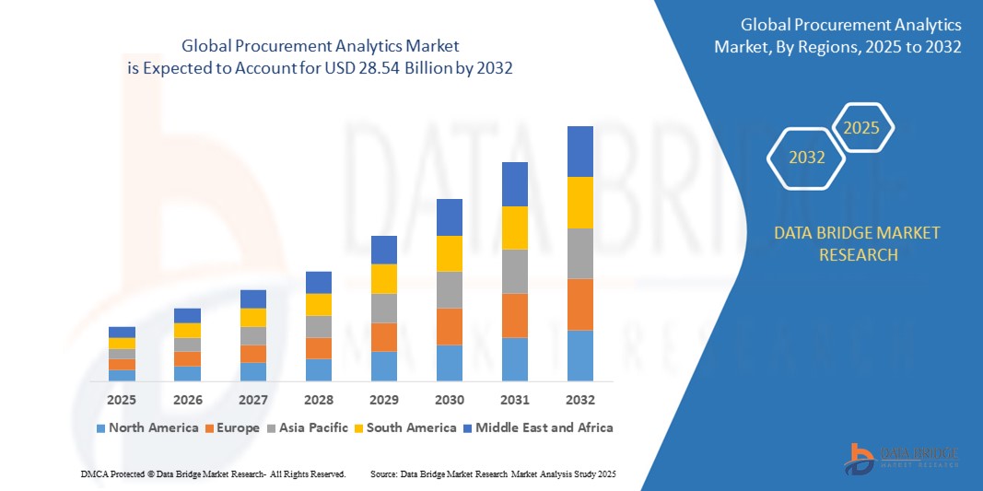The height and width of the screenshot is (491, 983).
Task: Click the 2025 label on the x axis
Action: [x=122, y=400]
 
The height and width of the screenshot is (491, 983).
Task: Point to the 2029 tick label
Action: [x=384, y=400]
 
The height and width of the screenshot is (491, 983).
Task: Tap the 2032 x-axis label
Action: [x=580, y=400]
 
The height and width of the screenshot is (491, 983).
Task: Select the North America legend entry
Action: [x=147, y=427]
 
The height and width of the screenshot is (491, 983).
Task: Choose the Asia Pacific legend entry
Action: [x=309, y=427]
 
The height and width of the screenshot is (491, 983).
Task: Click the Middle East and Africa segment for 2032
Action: [x=580, y=151]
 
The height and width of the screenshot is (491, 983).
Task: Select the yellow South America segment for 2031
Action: [x=515, y=228]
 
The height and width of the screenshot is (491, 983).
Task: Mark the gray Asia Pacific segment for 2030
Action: [x=450, y=289]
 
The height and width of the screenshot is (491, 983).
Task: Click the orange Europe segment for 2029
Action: [x=384, y=337]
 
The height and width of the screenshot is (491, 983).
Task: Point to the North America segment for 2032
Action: [x=580, y=356]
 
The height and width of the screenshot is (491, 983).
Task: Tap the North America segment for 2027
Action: [x=253, y=371]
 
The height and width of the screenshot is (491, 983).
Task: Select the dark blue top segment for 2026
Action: [x=187, y=315]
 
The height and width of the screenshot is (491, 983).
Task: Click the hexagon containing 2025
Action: [x=861, y=128]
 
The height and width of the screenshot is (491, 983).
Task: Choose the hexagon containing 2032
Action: [x=806, y=158]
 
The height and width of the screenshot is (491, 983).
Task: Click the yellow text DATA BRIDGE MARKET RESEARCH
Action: [x=858, y=243]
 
